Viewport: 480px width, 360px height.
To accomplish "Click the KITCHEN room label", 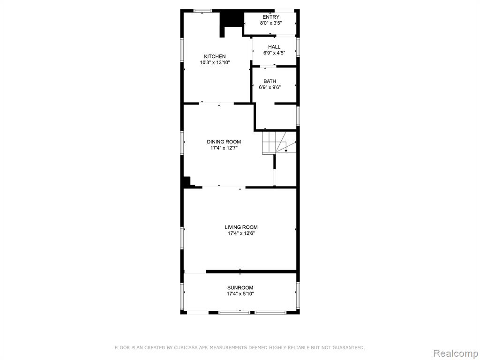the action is (215, 56).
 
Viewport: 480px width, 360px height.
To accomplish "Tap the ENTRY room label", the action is (271, 17).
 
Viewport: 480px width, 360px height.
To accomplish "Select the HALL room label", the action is (274, 47).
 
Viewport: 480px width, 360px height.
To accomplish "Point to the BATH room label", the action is (270, 81).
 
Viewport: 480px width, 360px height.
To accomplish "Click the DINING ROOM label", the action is (224, 142).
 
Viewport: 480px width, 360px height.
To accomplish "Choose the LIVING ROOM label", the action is (241, 227).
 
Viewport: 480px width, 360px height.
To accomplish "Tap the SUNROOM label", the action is (240, 288).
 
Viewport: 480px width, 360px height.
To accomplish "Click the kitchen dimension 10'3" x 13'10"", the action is (215, 63).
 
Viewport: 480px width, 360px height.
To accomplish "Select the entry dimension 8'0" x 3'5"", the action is (271, 23).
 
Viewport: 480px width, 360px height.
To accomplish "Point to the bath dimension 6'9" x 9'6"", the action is (270, 87).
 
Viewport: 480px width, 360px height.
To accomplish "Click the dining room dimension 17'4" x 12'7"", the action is (224, 148).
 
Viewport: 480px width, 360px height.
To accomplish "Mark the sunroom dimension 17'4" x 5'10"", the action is (240, 294).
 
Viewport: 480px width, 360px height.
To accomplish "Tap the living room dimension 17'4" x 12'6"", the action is (241, 233).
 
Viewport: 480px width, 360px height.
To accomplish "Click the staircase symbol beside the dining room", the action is (279, 142).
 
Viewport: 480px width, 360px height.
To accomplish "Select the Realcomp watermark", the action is (456, 353).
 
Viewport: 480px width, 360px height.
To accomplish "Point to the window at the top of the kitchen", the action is (202, 11).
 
